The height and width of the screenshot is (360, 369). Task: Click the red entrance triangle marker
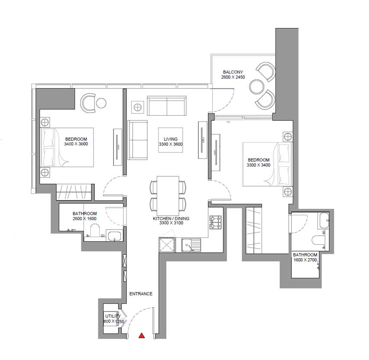pyautogui.click(x=142, y=335)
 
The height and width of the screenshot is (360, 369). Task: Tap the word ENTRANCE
pyautogui.click(x=141, y=294)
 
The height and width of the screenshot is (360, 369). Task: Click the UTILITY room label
pyautogui.click(x=113, y=316)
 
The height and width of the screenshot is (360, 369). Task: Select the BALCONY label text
pyautogui.click(x=233, y=72)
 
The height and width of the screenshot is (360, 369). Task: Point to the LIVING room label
pyautogui.click(x=171, y=139)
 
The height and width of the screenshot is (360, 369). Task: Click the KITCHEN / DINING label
pyautogui.click(x=171, y=218)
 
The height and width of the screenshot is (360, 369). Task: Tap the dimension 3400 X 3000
pyautogui.click(x=76, y=144)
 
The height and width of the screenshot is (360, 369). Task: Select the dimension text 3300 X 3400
pyautogui.click(x=259, y=165)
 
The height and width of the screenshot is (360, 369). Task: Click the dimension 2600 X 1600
pyautogui.click(x=84, y=218)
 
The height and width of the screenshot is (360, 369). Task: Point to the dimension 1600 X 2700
pyautogui.click(x=305, y=260)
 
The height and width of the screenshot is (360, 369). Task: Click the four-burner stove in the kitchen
pyautogui.click(x=216, y=222)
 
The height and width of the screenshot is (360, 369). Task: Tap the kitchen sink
pyautogui.click(x=191, y=245)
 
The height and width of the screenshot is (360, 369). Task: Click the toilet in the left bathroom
pyautogui.click(x=95, y=230)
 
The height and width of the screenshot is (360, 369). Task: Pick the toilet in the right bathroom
pyautogui.click(x=318, y=240)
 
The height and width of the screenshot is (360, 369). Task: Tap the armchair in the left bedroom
pyautogui.click(x=88, y=103)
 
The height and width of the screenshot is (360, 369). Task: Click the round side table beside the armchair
pyautogui.click(x=101, y=103)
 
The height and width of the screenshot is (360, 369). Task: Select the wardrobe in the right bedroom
pyautogui.click(x=254, y=230)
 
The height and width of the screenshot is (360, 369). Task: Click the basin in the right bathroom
pyautogui.click(x=324, y=221)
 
